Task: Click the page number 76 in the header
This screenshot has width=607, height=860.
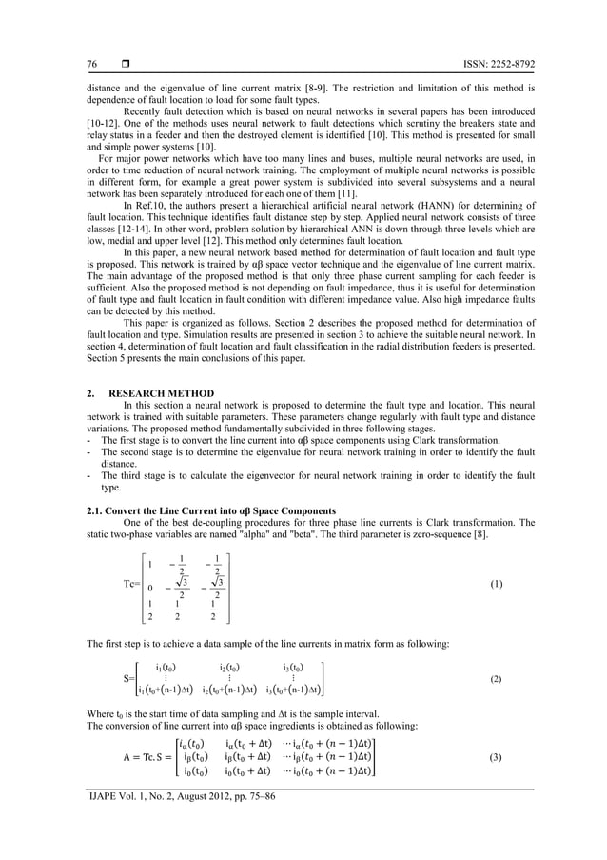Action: tap(91, 65)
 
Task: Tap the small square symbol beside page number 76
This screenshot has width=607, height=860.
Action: tap(126, 65)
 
